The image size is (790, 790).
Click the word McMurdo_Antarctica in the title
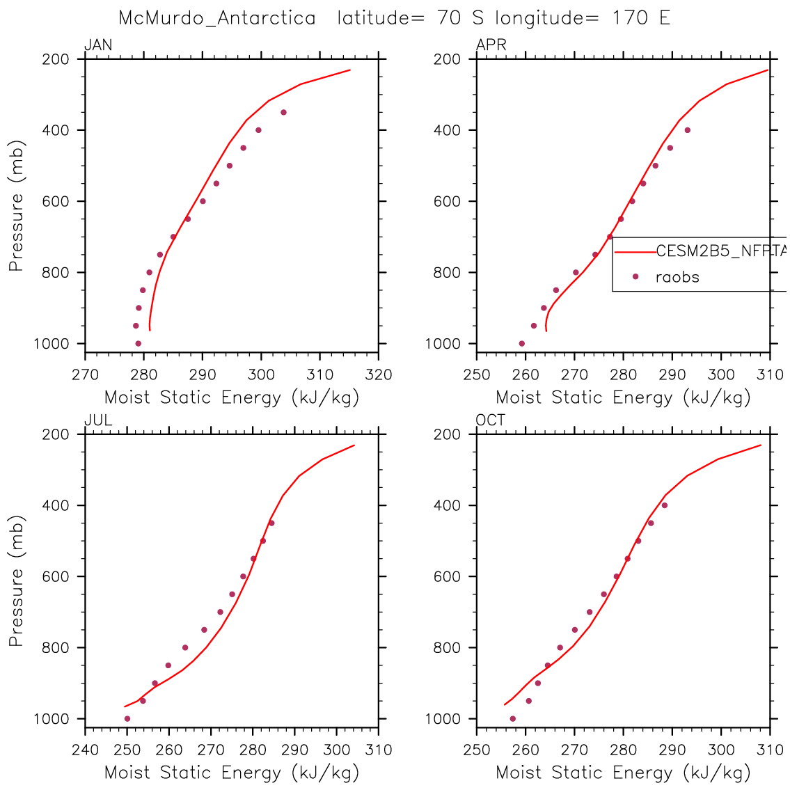(x=217, y=18)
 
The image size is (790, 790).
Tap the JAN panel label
(x=98, y=46)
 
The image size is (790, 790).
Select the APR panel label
(x=491, y=46)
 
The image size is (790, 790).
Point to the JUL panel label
(x=98, y=420)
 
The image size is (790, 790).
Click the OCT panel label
(x=491, y=420)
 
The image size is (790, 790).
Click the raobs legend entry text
(x=677, y=277)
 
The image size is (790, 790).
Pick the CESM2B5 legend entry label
(x=721, y=251)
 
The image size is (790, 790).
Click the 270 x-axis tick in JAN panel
(x=85, y=375)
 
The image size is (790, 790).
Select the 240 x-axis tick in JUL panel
(x=85, y=750)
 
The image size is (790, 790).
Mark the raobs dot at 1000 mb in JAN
(x=138, y=343)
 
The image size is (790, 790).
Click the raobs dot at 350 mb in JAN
(x=283, y=112)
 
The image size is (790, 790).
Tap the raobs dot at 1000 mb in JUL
(x=127, y=718)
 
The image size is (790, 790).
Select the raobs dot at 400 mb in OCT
(x=664, y=505)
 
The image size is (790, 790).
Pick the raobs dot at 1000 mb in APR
(x=521, y=343)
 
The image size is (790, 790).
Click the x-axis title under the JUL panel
(x=231, y=773)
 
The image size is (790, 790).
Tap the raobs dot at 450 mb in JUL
(x=271, y=523)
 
